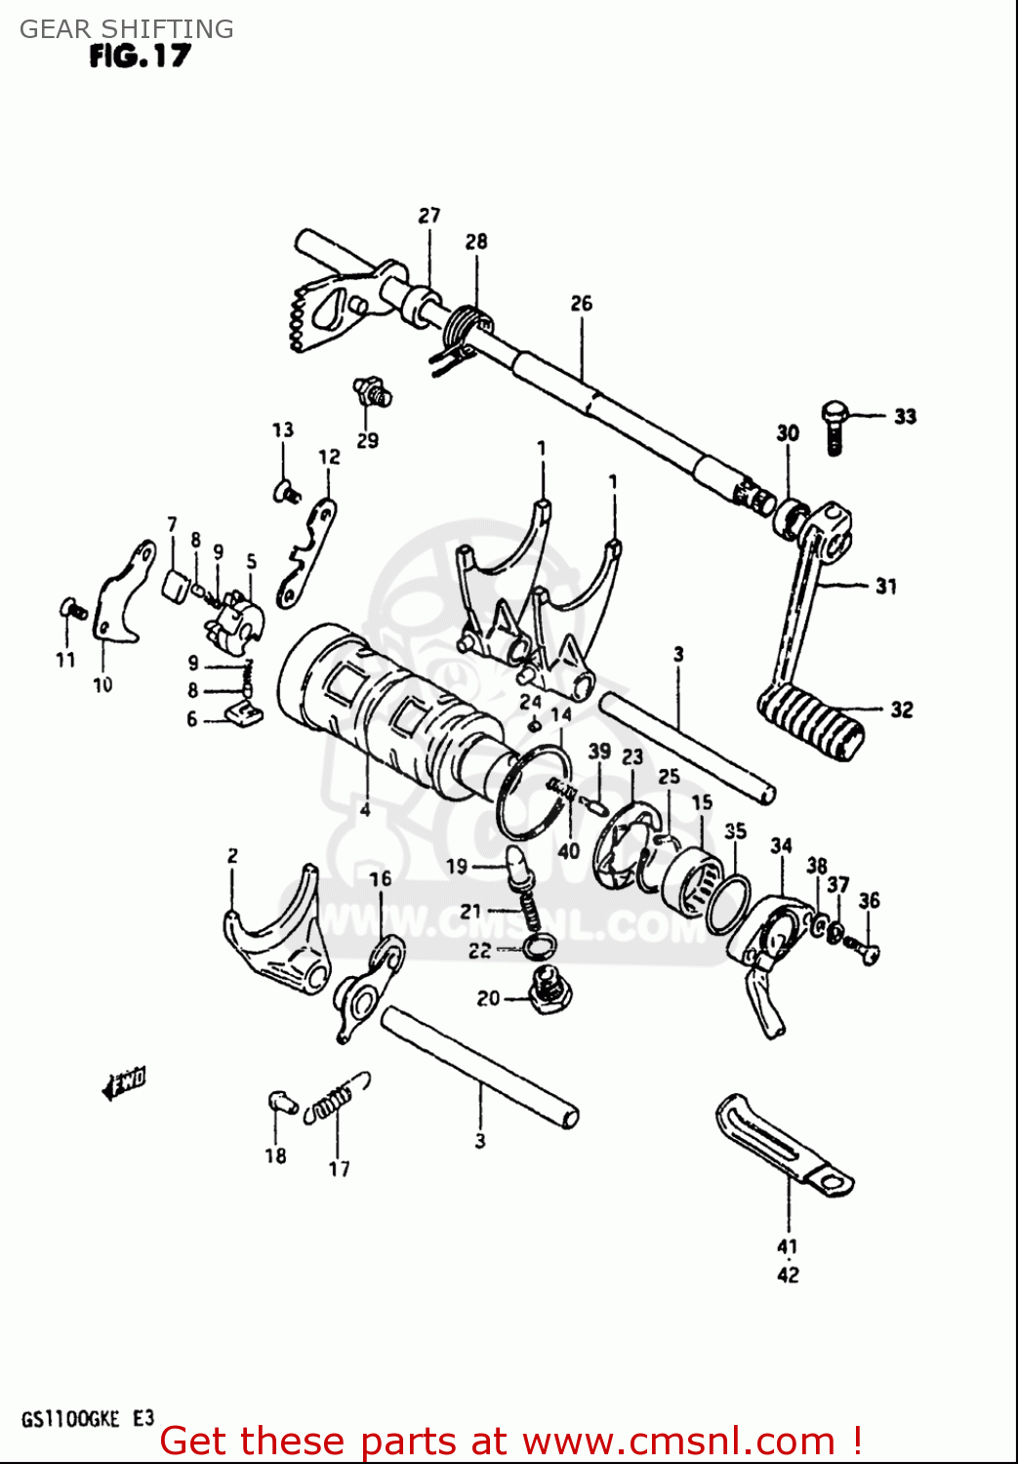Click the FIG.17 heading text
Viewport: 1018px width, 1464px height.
(140, 56)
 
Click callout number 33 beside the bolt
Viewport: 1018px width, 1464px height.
(905, 417)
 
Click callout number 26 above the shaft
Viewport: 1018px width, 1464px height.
(581, 304)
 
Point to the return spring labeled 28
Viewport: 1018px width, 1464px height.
(466, 326)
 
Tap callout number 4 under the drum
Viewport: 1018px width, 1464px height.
(364, 809)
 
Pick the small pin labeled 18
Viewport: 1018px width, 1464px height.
(281, 1102)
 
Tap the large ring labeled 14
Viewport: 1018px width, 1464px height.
(533, 792)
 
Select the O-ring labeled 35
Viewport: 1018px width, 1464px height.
(729, 905)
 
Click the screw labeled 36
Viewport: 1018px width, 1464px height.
(863, 947)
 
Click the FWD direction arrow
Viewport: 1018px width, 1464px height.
(125, 1082)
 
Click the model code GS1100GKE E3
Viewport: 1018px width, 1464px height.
(87, 1419)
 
